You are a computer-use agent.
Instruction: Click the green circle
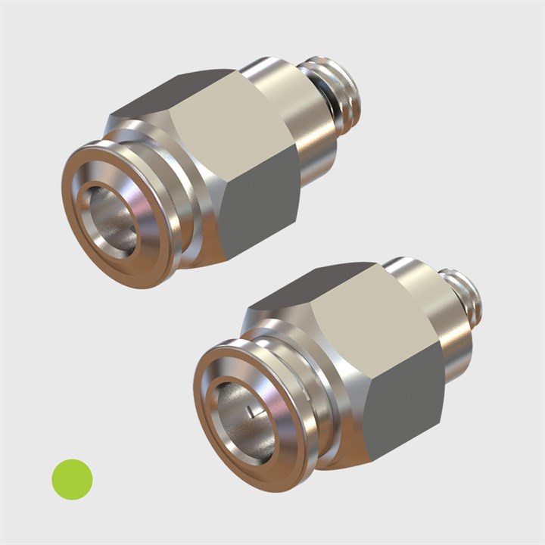[x=72, y=479]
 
